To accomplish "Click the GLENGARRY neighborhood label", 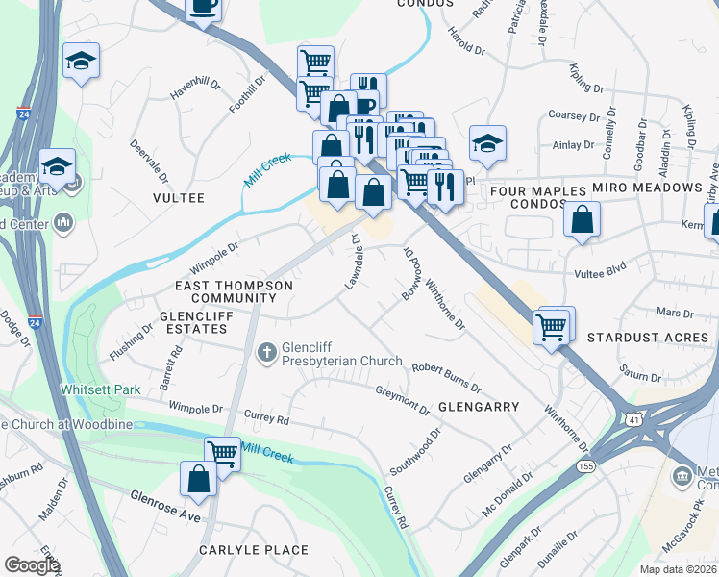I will point(479,407).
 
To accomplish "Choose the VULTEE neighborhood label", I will point(179,197).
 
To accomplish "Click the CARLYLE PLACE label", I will point(254,550).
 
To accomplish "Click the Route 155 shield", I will point(584,466).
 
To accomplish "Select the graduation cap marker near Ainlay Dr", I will point(487,144).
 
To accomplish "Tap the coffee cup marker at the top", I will point(204,8).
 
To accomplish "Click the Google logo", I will point(32,565).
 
